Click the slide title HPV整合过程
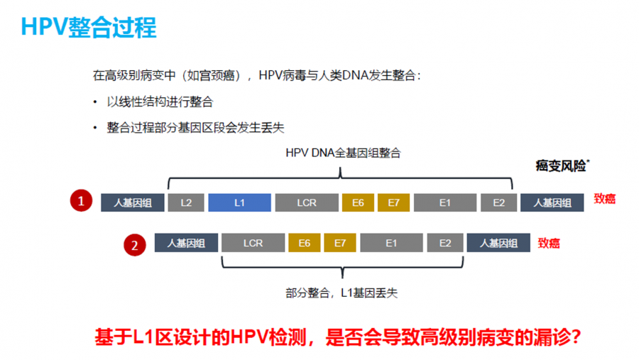click(x=89, y=27)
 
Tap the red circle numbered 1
click(x=81, y=200)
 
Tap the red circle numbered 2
click(x=135, y=245)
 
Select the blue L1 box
click(x=240, y=202)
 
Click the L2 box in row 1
click(x=186, y=202)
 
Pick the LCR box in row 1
click(x=307, y=202)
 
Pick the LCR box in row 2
click(x=253, y=243)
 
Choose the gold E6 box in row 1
click(x=358, y=202)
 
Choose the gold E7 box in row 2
click(x=340, y=243)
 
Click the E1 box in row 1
click(x=445, y=202)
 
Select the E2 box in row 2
click(x=445, y=243)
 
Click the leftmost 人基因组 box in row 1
click(x=133, y=202)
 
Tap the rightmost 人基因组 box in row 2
click(x=498, y=243)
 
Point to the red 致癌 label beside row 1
click(x=605, y=199)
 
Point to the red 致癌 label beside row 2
click(x=549, y=244)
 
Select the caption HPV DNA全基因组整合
click(x=343, y=153)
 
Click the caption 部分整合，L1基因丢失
click(x=342, y=293)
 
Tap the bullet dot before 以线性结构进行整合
click(x=95, y=102)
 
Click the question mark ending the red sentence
click(x=576, y=337)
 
